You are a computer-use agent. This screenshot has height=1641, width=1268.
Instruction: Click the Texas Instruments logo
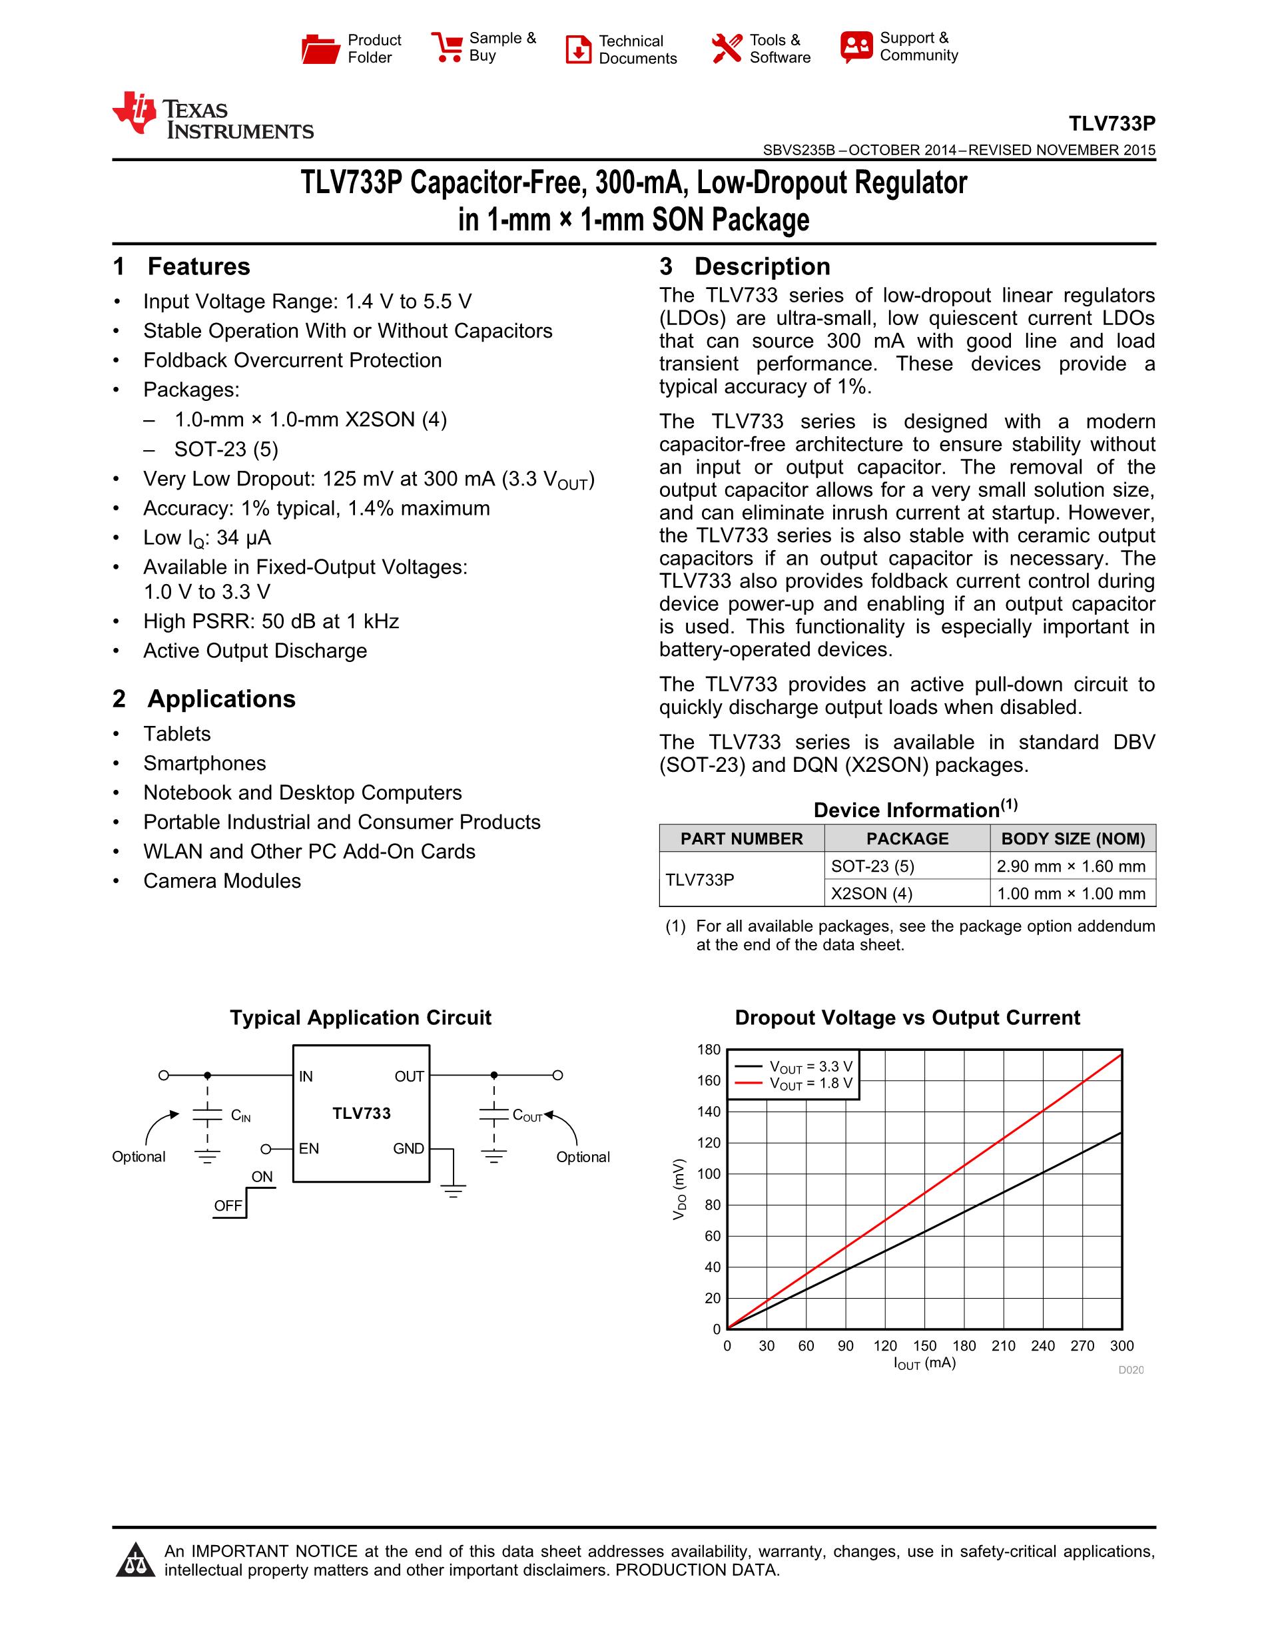click(212, 117)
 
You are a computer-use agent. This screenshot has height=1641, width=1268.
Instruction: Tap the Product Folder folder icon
click(321, 49)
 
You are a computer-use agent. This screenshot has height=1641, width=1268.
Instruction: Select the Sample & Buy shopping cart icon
click(447, 47)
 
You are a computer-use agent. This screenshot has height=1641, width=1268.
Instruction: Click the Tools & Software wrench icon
click(727, 49)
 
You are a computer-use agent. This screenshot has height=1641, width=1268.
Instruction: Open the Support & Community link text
click(918, 47)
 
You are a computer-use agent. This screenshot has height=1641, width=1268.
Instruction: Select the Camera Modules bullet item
click(222, 880)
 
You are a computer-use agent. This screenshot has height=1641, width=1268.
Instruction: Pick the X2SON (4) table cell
click(871, 893)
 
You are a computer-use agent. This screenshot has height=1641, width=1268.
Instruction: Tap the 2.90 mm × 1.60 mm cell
click(1071, 866)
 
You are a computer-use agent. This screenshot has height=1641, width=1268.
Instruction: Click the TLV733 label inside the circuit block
click(362, 1114)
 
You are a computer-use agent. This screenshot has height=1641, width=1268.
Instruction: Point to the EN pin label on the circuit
click(309, 1149)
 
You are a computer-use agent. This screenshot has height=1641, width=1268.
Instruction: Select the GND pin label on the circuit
click(409, 1149)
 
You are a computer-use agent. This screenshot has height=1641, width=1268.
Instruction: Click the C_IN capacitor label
click(240, 1116)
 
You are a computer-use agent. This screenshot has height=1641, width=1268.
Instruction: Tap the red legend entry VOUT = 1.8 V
click(810, 1084)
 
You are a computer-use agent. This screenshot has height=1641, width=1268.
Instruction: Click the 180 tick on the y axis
click(709, 1050)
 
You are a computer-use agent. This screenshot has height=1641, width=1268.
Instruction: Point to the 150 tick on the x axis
click(925, 1346)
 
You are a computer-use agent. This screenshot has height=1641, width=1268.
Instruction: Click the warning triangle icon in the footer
click(135, 1560)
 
